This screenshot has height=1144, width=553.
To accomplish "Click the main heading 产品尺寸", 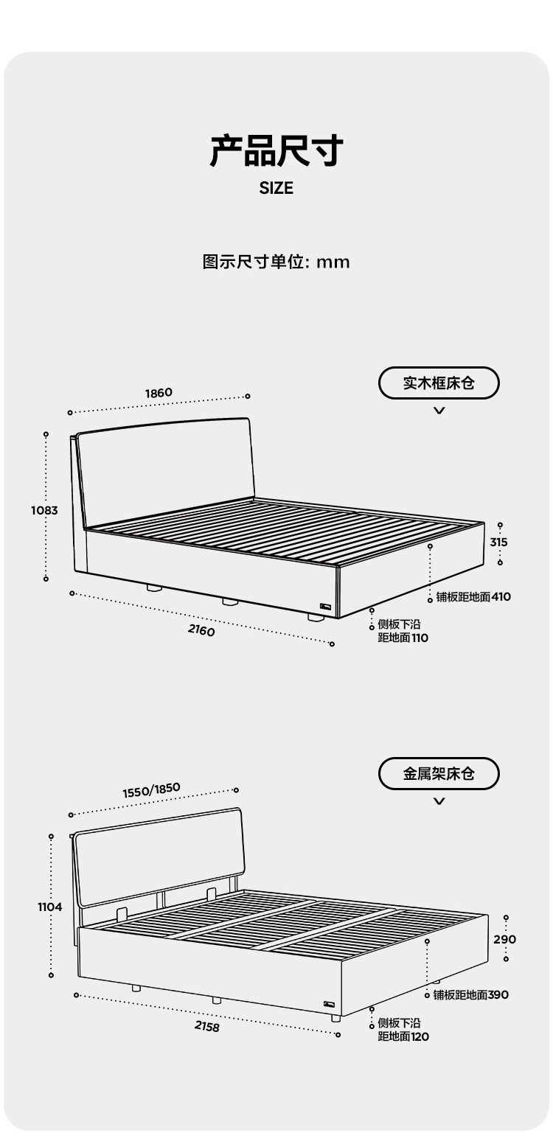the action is click(x=276, y=150).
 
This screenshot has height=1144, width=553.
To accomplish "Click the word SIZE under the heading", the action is click(x=276, y=189).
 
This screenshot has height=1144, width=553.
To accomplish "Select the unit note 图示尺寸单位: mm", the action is click(x=276, y=262).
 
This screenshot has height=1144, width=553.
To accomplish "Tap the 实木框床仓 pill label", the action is click(x=439, y=383).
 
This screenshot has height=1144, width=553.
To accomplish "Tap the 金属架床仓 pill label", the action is click(x=439, y=774).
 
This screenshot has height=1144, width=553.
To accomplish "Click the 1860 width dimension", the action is click(x=159, y=393).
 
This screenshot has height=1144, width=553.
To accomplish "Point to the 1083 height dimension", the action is click(x=44, y=510).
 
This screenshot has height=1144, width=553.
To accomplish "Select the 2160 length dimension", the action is click(x=201, y=631).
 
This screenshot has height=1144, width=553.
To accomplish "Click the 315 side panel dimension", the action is click(x=499, y=543).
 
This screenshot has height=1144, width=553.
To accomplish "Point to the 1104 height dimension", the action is click(x=50, y=907).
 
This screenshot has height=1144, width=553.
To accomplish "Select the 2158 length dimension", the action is click(x=207, y=1027).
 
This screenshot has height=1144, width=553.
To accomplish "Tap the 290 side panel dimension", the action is click(x=505, y=940).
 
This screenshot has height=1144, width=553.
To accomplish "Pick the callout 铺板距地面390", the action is click(x=470, y=995).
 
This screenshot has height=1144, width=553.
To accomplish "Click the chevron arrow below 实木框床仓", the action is click(x=439, y=411).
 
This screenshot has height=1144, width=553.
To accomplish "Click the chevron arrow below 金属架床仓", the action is click(x=439, y=801).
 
